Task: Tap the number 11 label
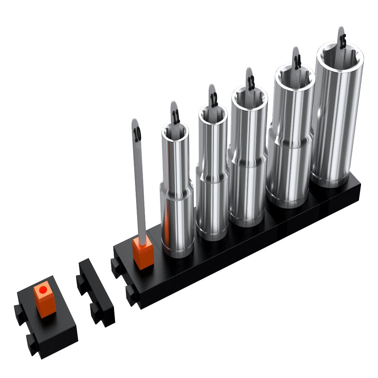coord(176,117)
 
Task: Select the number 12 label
coord(214,100)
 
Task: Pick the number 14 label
coord(297,62)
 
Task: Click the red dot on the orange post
coord(43,290)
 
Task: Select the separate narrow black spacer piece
coord(96,293)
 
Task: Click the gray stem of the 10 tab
coord(140,189)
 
